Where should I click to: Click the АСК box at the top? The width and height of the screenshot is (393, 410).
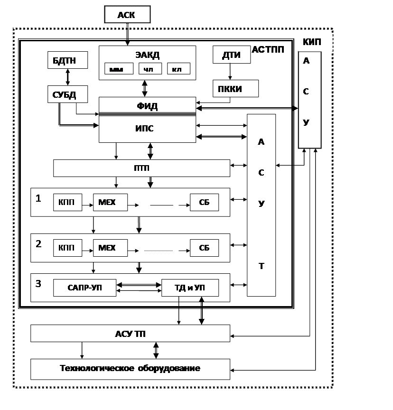pyautogui.click(x=127, y=15)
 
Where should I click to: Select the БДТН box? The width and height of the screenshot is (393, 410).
pyautogui.click(x=68, y=60)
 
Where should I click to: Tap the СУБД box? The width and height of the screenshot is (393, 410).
pyautogui.click(x=68, y=94)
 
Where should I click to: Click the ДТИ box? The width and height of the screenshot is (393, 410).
pyautogui.click(x=231, y=55)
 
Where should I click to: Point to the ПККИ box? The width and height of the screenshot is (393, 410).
pyautogui.click(x=235, y=89)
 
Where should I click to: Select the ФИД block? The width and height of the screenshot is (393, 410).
pyautogui.click(x=147, y=106)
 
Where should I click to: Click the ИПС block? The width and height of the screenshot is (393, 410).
pyautogui.click(x=147, y=129)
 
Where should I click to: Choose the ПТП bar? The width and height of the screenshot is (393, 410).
pyautogui.click(x=141, y=168)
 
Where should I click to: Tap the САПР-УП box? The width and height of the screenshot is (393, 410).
pyautogui.click(x=84, y=288)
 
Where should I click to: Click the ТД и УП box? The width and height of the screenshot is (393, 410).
pyautogui.click(x=190, y=288)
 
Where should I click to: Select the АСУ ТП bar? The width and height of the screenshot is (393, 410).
pyautogui.click(x=130, y=334)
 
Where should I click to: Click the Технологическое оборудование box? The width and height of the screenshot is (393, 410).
pyautogui.click(x=130, y=369)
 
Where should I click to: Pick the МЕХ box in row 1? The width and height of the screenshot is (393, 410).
pyautogui.click(x=111, y=203)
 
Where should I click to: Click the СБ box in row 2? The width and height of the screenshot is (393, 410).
pyautogui.click(x=205, y=248)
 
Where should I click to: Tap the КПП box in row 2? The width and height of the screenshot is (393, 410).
pyautogui.click(x=67, y=248)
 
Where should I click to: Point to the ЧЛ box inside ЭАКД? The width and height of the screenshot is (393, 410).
pyautogui.click(x=150, y=69)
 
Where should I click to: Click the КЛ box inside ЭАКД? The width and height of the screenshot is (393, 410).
pyautogui.click(x=178, y=69)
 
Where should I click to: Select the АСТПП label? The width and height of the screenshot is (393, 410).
pyautogui.click(x=268, y=49)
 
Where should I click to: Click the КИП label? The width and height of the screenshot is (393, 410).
pyautogui.click(x=312, y=42)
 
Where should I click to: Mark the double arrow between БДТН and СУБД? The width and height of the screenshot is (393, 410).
pyautogui.click(x=68, y=77)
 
